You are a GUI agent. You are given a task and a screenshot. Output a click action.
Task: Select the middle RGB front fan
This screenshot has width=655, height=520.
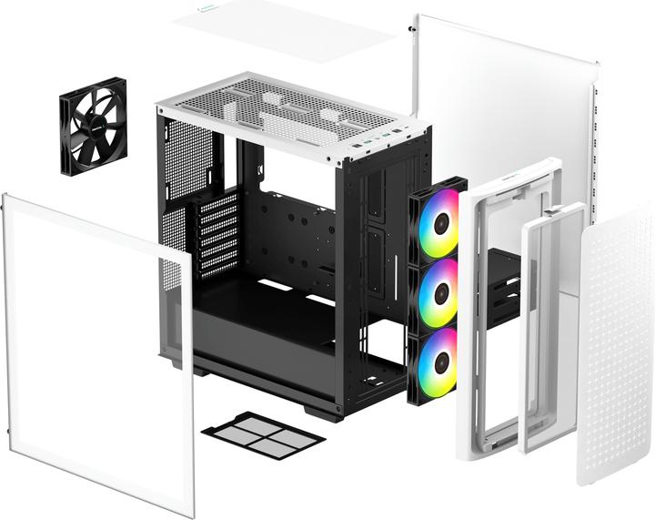(x=438, y=290)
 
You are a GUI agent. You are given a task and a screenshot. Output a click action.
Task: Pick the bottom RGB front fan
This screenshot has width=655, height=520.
(x=437, y=356)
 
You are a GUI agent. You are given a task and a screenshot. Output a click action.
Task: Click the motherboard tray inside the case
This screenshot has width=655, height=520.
(x=291, y=237)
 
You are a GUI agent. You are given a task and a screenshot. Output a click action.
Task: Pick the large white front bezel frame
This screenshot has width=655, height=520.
(x=482, y=301)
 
